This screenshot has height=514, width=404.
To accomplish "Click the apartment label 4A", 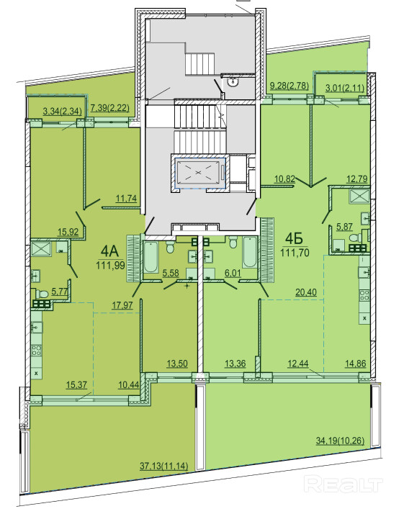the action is [109, 251].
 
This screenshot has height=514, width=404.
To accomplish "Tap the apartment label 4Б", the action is [294, 239].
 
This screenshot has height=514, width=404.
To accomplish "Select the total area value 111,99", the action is [110, 265].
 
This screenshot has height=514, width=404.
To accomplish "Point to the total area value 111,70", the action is [295, 253].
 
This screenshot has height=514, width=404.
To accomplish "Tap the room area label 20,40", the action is [306, 292].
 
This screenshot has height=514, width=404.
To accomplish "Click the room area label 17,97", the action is [122, 305].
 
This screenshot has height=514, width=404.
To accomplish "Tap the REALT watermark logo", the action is [344, 484].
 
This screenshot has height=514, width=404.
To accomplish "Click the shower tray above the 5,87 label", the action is [359, 196].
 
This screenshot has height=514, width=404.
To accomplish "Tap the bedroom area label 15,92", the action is [68, 232].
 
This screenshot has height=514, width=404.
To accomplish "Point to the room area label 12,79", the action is [357, 179].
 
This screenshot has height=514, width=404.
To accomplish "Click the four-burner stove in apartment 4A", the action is [37, 351].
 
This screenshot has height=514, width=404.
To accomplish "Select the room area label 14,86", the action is [356, 364].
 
